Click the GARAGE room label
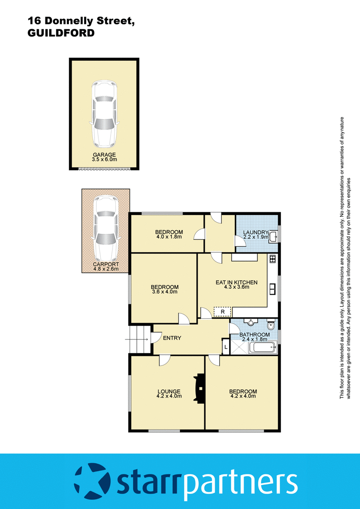[105, 155]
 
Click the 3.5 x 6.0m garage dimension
[105, 160]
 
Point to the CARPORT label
[105, 264]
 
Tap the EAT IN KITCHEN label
[236, 282]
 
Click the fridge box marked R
[221, 311]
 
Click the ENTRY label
[172, 338]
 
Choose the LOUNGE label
[169, 391]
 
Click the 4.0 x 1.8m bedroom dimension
[169, 237]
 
